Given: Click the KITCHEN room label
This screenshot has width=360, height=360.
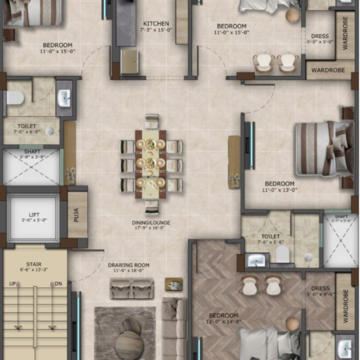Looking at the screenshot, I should click(156, 22).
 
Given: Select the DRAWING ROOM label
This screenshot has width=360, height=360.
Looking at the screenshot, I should click(129, 265).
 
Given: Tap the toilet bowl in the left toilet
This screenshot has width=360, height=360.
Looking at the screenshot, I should click(16, 98).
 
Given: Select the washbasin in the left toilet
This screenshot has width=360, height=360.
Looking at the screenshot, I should click(64, 99).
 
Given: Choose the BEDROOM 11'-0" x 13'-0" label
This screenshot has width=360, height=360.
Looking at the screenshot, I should click(280, 186).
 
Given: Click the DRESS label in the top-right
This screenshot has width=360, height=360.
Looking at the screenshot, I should click(320, 37).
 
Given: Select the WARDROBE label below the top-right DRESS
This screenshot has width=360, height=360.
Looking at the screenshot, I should click(327, 71).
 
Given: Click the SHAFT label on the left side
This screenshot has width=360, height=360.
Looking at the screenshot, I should click(27, 153).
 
